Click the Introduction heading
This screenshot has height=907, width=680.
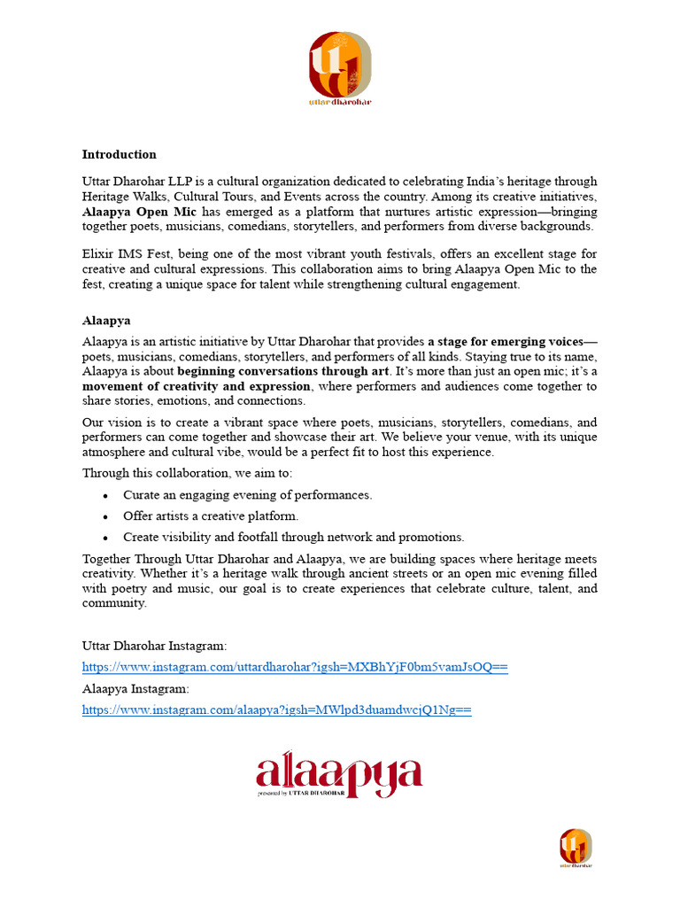pyautogui.click(x=119, y=154)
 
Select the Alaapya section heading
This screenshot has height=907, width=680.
pyautogui.click(x=106, y=321)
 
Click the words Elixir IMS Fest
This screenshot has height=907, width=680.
pyautogui.click(x=122, y=254)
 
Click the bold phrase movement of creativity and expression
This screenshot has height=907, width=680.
pyautogui.click(x=197, y=386)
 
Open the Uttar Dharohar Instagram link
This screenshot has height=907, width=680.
pyautogui.click(x=295, y=667)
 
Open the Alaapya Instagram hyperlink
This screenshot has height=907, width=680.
pyautogui.click(x=276, y=709)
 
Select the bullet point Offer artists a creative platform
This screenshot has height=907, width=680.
pyautogui.click(x=211, y=516)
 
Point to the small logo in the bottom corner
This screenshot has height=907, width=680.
pyautogui.click(x=576, y=848)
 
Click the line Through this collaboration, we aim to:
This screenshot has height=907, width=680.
pyautogui.click(x=187, y=473)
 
